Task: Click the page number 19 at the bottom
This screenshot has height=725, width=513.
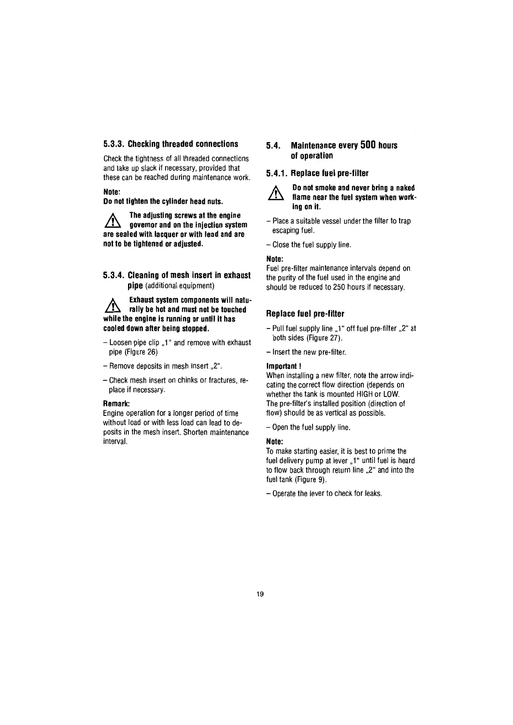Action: click(x=260, y=595)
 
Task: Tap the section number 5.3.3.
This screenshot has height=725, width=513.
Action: click(x=114, y=144)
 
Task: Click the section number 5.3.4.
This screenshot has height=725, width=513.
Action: click(x=114, y=275)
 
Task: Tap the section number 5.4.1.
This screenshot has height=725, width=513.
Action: click(x=277, y=174)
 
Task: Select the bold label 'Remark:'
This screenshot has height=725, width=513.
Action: click(x=116, y=404)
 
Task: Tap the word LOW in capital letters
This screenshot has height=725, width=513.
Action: click(x=391, y=394)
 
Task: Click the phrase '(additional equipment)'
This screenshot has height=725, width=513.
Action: click(x=180, y=285)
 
